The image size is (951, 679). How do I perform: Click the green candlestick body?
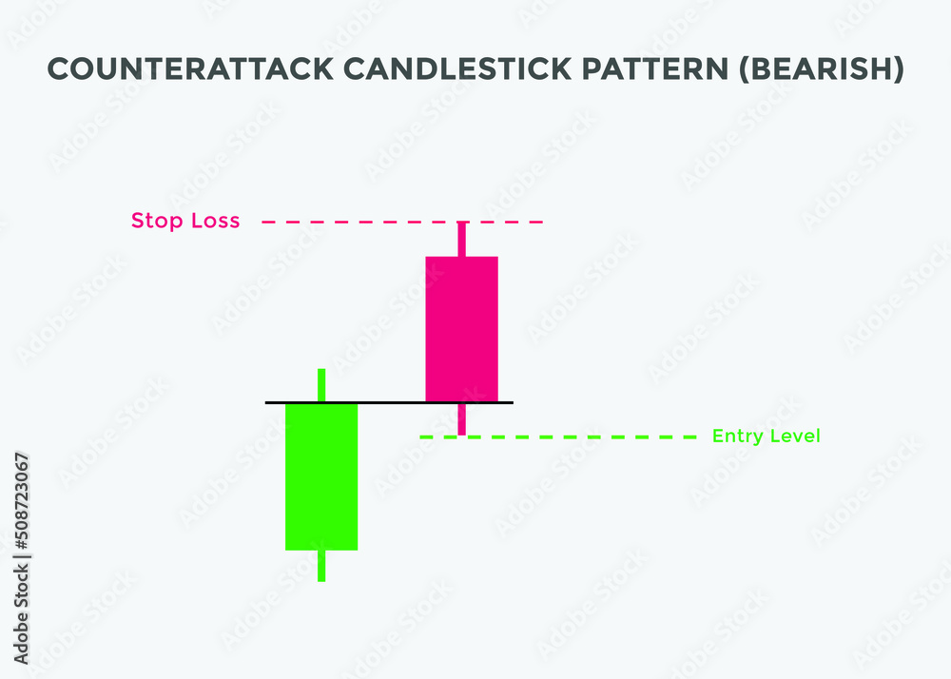(x=321, y=475)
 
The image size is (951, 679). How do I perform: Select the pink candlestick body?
(x=461, y=328)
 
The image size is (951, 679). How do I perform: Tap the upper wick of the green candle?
(x=321, y=384)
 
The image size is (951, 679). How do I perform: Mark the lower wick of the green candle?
(x=321, y=566)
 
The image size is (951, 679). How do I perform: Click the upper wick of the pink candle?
(x=461, y=239)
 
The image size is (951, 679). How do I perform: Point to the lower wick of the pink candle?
(x=461, y=421)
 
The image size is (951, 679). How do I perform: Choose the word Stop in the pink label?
(x=152, y=222)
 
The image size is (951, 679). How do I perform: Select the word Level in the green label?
(x=794, y=436)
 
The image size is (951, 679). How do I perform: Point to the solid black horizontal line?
(x=390, y=402)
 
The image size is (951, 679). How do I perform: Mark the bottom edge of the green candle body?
(x=321, y=550)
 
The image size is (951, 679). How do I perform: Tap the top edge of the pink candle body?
(x=461, y=257)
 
